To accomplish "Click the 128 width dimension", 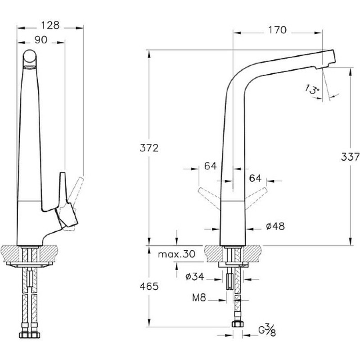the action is click(50, 25).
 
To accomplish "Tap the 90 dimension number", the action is click(41, 40).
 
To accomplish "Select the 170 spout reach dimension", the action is click(277, 30).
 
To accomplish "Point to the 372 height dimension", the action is click(149, 148).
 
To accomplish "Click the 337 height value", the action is click(350, 157).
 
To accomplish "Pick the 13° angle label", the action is click(312, 89).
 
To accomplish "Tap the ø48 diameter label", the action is click(275, 226).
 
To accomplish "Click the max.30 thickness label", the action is click(176, 254).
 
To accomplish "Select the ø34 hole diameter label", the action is click(195, 277).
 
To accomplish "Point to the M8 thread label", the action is click(199, 298).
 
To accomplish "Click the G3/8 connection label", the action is click(267, 330).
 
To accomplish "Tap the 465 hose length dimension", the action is click(149, 286).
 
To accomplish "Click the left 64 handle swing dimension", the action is click(210, 166).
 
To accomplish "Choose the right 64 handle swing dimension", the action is click(255, 178).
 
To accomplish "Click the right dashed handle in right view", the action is click(256, 198).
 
